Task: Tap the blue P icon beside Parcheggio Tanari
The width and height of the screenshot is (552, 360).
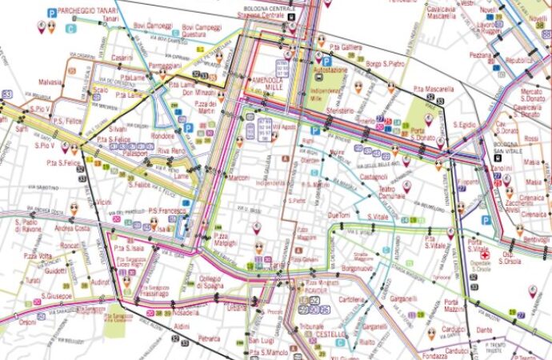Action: [50, 13]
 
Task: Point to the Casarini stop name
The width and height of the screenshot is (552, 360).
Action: [122, 58]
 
